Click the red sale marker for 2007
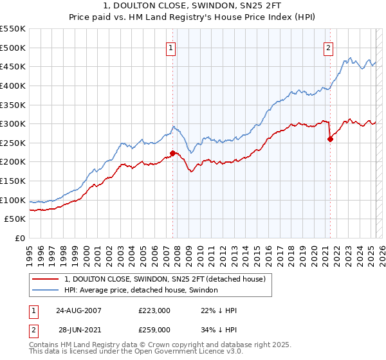click(x=172, y=153)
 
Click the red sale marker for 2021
click(x=330, y=138)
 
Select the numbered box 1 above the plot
click(x=171, y=47)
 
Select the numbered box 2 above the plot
click(x=328, y=47)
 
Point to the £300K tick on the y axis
click(x=13, y=123)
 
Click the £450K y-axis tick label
click(x=13, y=66)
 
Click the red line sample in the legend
click(x=46, y=279)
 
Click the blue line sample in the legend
click(x=46, y=290)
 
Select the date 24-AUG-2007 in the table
click(x=78, y=310)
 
